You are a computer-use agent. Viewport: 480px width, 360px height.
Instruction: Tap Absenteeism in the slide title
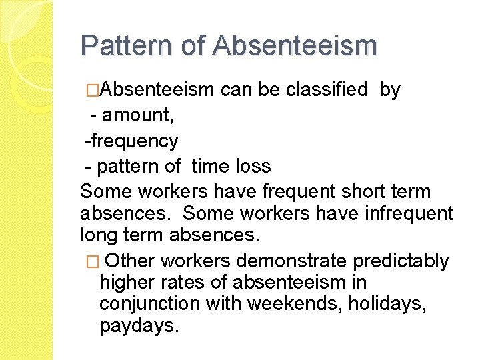pyautogui.click(x=295, y=45)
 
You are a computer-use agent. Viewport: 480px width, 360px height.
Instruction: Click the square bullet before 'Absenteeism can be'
pyautogui.click(x=92, y=90)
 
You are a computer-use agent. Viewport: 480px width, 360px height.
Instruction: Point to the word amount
pyautogui.click(x=138, y=115)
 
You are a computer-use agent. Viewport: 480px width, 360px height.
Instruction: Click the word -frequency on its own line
pyautogui.click(x=131, y=141)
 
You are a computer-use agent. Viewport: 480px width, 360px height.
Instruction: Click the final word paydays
pyautogui.click(x=139, y=327)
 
